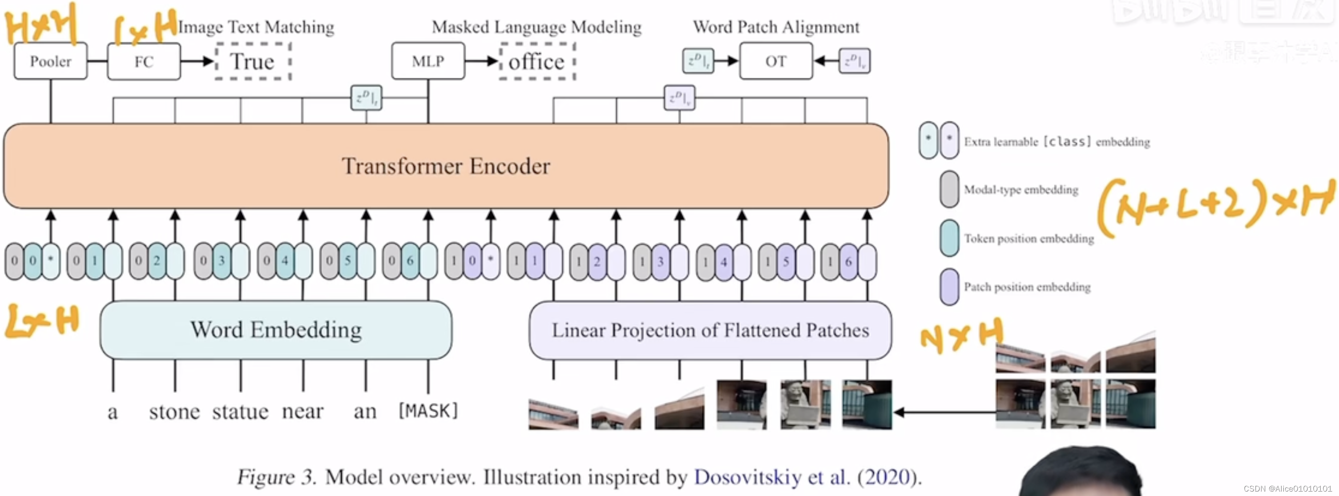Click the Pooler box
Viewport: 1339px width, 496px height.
pos(50,61)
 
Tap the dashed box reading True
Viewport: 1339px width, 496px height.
pos(253,61)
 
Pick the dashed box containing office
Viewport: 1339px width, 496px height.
pos(536,61)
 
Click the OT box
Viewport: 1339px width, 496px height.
pos(775,61)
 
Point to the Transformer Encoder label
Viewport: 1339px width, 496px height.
pos(445,166)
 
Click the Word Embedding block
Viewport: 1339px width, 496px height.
pos(275,330)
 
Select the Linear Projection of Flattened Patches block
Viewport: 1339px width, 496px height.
pos(710,330)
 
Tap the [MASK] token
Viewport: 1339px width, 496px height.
pos(428,411)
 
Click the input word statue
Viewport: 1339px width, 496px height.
pos(240,412)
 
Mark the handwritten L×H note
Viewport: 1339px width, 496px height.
pos(41,320)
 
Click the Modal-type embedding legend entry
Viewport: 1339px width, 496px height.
pos(1020,190)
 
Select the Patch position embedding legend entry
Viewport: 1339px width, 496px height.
pos(1027,287)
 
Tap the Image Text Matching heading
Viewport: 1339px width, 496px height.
pos(256,27)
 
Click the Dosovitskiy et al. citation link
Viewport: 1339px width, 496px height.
pos(771,477)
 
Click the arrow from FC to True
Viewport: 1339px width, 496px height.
pos(198,61)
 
